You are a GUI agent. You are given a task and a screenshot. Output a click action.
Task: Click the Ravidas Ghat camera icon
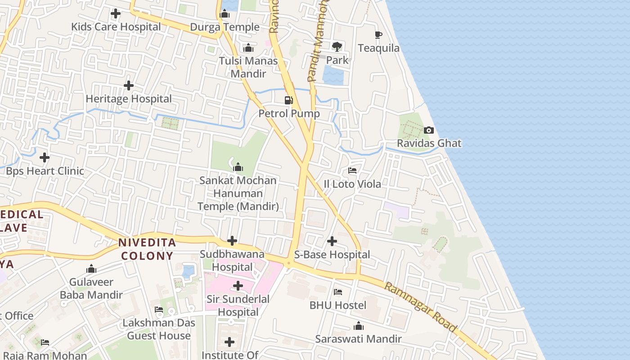[429, 130]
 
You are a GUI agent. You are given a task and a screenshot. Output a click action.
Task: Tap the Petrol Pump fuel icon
[289, 100]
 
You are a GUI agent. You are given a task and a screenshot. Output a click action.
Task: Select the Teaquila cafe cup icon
[378, 35]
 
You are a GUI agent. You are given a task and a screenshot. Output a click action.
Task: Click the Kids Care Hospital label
[116, 27]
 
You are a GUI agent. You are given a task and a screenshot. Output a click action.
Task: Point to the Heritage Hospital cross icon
[129, 85]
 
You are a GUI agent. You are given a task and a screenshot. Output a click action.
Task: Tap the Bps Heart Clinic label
[45, 171]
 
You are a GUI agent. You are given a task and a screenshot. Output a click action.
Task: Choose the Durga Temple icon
[225, 14]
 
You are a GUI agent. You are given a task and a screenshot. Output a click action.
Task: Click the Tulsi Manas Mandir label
[248, 67]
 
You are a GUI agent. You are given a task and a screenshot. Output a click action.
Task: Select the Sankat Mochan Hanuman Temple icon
[238, 168]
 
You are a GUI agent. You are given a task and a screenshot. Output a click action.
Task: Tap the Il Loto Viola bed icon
[352, 171]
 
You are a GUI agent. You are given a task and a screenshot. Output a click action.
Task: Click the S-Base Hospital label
[332, 255]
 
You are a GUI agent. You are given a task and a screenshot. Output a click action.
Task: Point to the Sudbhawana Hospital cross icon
[232, 241]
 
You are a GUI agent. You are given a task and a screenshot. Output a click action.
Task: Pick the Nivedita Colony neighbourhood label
[146, 249]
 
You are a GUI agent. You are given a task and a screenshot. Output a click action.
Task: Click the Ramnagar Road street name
[421, 307]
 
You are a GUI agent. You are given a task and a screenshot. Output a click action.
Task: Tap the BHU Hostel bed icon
[338, 292]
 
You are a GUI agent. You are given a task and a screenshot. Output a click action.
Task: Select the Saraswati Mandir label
[359, 339]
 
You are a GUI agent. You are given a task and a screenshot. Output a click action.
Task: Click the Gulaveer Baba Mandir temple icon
[91, 269]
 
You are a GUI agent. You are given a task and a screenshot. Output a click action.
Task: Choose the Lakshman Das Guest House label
[159, 329]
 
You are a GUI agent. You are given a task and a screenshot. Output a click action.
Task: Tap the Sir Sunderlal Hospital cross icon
[238, 286]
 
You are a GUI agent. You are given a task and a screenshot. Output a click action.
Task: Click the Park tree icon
[337, 46]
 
